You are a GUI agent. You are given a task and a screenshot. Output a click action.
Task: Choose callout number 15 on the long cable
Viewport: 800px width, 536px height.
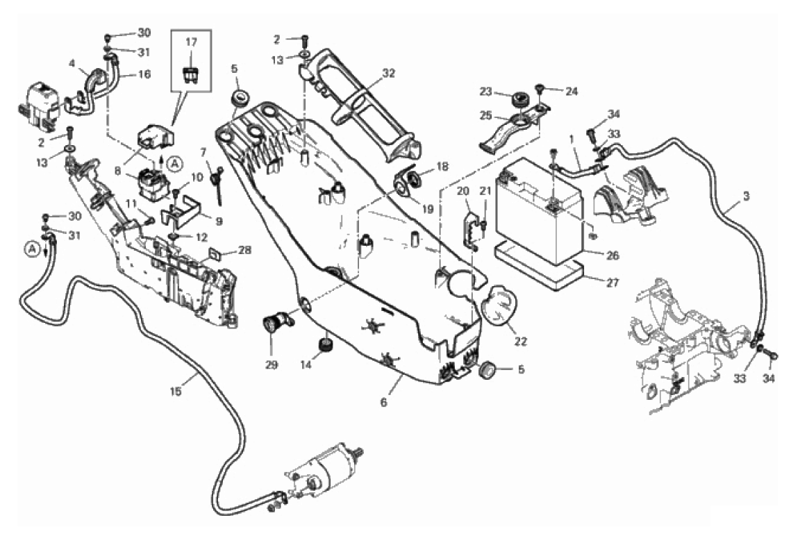pos(176,392)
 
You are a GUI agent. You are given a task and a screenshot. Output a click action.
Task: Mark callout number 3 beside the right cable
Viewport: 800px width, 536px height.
pos(746,197)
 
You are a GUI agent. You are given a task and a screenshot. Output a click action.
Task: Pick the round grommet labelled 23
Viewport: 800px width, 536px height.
pos(518,100)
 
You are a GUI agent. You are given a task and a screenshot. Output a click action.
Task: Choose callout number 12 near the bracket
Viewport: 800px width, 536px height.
pos(201,237)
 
